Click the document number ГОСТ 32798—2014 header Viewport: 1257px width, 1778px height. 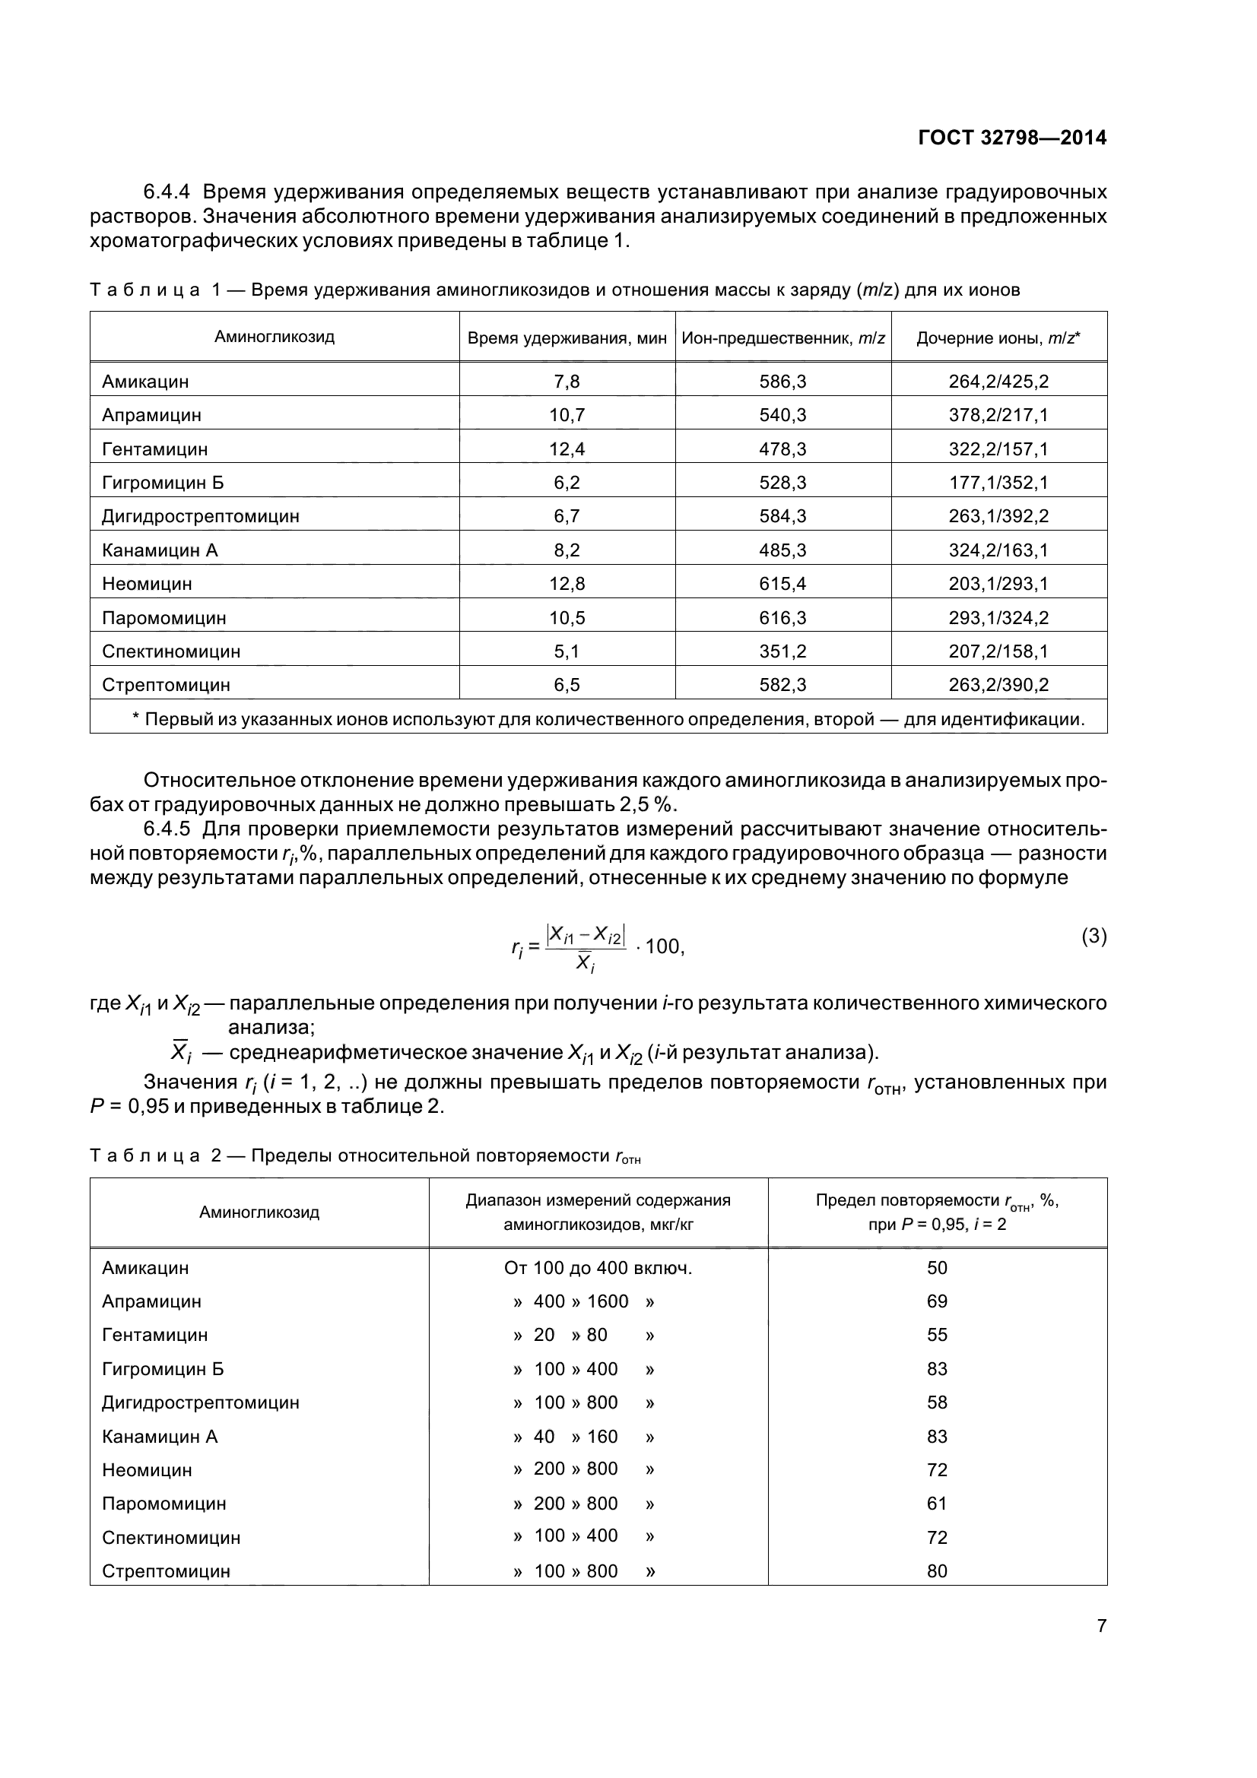click(1011, 138)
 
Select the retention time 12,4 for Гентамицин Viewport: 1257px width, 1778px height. click(567, 449)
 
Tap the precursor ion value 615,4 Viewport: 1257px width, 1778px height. click(782, 584)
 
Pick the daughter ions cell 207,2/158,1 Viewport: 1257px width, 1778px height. click(998, 651)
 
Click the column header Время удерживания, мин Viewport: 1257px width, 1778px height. click(567, 338)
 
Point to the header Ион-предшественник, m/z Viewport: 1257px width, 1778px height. click(783, 338)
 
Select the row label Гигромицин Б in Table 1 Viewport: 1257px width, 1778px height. click(163, 483)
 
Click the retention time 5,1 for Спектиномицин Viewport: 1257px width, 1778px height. click(567, 651)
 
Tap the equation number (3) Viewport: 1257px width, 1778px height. click(1094, 937)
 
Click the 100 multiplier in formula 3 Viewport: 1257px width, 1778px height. click(664, 946)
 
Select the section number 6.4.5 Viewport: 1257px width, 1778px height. click(167, 829)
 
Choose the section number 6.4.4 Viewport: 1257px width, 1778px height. click(167, 192)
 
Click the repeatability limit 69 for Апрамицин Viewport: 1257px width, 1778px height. click(937, 1301)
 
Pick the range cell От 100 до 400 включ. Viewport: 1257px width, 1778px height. click(598, 1268)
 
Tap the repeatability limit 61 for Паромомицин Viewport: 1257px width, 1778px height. click(937, 1504)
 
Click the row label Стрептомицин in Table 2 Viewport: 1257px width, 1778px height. click(166, 1571)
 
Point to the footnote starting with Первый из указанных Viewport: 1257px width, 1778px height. click(608, 719)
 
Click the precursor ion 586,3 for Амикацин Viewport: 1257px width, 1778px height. click(782, 382)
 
